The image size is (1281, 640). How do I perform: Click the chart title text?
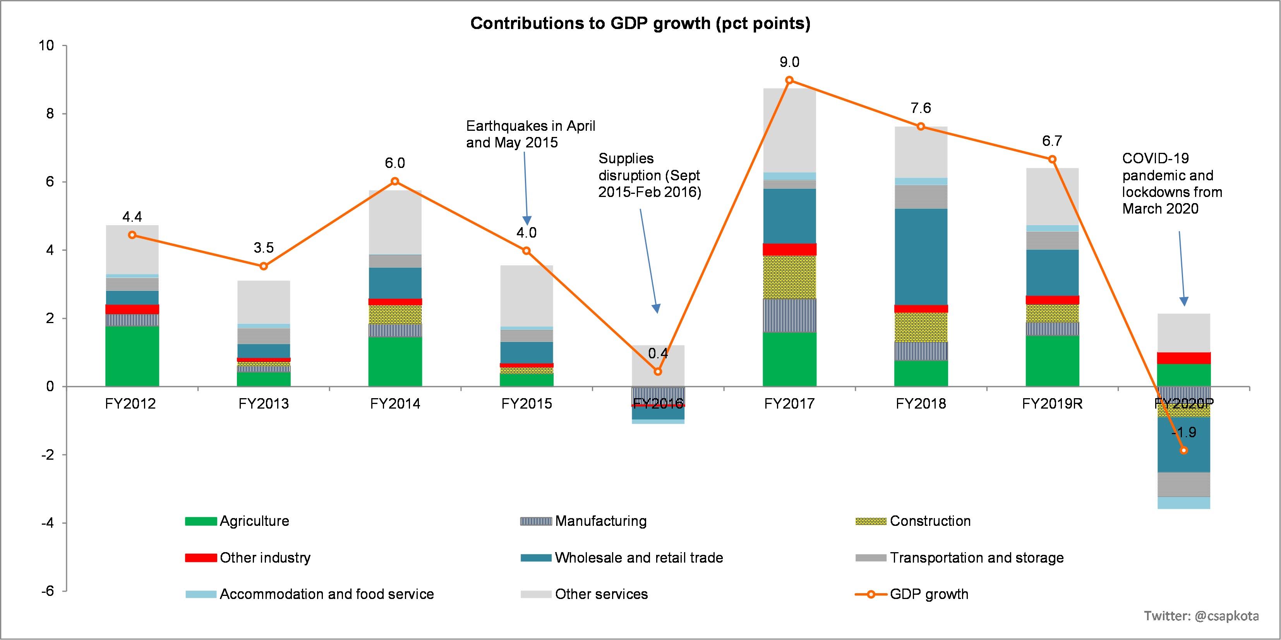coord(640,23)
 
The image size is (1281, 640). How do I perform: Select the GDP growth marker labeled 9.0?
coord(789,80)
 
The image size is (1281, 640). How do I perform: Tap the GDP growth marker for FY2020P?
coord(1183,450)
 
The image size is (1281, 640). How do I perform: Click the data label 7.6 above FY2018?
coord(921,108)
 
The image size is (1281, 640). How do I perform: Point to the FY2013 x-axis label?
coord(264,404)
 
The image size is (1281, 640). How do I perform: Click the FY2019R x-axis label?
coord(1052,404)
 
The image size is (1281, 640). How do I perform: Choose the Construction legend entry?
coord(930,521)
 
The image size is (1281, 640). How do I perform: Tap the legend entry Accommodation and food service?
coord(326,594)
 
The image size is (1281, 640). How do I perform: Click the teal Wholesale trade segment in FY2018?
coord(921,257)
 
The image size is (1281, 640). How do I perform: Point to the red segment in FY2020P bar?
coord(1183,358)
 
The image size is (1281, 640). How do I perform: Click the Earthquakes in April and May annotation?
coord(530,135)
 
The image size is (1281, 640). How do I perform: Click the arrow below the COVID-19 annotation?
coord(1182,268)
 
